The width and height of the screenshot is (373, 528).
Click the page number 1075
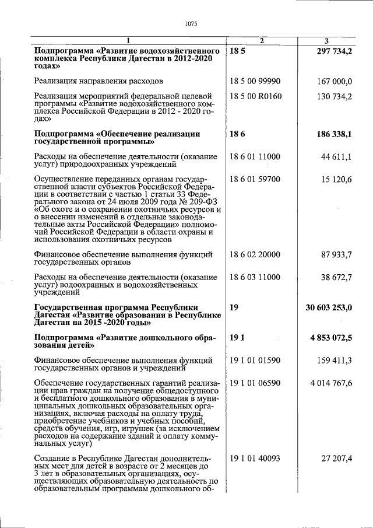click(191, 24)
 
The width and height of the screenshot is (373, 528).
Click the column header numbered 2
click(262, 41)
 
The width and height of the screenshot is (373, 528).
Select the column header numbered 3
click(326, 41)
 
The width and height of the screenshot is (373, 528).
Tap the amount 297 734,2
click(334, 52)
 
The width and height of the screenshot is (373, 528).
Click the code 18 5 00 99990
click(255, 81)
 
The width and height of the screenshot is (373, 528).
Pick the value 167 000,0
click(335, 81)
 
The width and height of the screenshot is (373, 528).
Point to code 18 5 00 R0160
click(256, 96)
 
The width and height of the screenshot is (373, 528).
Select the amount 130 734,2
click(335, 96)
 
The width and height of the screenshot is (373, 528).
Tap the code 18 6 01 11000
click(255, 157)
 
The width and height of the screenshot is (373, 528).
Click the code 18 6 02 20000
click(255, 255)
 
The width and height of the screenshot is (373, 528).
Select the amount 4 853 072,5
click(332, 338)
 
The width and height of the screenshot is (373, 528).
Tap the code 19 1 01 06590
click(255, 383)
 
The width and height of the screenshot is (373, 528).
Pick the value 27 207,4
click(337, 459)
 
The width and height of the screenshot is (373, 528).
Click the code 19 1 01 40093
click(255, 459)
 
